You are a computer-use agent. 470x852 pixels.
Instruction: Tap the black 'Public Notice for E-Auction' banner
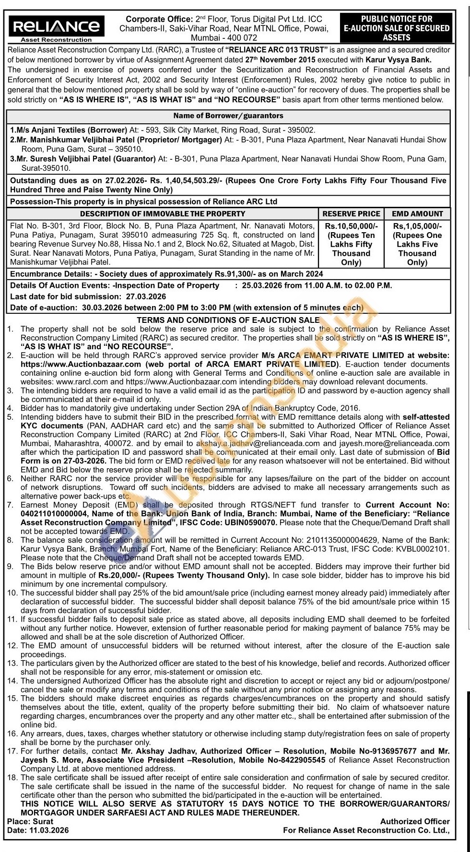397,28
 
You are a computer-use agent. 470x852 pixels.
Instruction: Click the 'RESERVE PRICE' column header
351,214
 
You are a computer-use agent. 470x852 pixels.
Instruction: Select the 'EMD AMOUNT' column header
417,214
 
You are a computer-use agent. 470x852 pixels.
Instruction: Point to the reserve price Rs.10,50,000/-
351,226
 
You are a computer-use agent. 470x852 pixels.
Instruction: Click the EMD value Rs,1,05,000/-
417,226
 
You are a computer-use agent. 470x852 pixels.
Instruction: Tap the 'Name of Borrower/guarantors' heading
228,116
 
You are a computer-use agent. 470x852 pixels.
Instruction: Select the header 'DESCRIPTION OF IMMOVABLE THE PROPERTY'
163,214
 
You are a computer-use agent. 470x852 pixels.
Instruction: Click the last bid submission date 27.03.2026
146,296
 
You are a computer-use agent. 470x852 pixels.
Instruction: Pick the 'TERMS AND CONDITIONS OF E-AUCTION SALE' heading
228,320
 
